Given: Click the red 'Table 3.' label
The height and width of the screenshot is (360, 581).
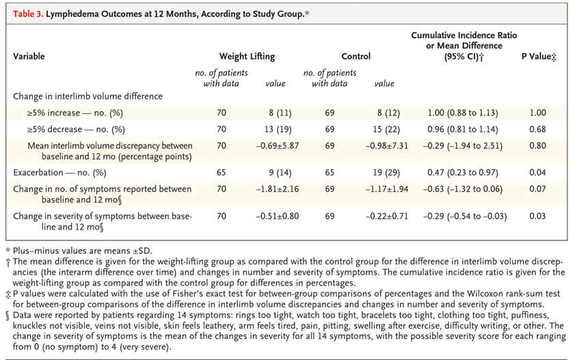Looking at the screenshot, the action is [28, 14].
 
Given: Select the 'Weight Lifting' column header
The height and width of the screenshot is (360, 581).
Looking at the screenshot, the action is [247, 56].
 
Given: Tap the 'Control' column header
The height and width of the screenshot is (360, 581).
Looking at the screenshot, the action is [355, 56].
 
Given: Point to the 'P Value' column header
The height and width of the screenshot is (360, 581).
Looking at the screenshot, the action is [539, 56].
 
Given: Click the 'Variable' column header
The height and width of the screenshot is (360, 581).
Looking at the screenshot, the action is [29, 56].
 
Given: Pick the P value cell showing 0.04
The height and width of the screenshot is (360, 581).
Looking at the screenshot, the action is [538, 173].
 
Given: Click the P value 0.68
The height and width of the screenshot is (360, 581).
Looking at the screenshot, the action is [538, 129].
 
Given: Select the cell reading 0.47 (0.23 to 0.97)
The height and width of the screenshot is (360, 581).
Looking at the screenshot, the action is [463, 173].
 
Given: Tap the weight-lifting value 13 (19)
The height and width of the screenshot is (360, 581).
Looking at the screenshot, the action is [280, 129].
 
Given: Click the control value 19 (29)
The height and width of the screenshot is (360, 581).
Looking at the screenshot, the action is [388, 173].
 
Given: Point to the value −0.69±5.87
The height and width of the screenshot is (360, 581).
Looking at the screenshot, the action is [277, 146].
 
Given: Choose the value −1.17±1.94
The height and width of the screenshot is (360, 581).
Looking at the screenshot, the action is [386, 189].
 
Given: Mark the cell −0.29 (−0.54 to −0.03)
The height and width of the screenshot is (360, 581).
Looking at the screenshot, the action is [465, 217].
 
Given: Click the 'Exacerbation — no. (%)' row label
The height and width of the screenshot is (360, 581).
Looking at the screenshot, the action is [59, 173].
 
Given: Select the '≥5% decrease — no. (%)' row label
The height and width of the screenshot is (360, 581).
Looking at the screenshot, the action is [76, 129].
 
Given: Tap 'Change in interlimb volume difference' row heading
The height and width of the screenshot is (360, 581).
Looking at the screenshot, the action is [87, 96].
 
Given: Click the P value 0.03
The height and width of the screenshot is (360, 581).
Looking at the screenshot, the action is [538, 217].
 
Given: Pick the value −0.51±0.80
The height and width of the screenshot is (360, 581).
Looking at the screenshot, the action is [277, 217].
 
